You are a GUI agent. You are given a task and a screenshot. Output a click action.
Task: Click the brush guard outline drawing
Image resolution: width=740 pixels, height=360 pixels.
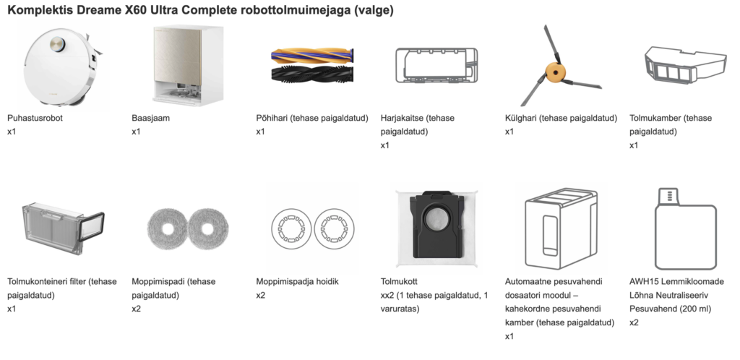[436, 65]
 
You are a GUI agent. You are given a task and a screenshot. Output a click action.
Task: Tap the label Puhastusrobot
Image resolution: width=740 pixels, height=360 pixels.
[35, 118]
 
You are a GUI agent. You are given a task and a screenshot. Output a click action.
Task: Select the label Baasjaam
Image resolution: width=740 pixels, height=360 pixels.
[150, 118]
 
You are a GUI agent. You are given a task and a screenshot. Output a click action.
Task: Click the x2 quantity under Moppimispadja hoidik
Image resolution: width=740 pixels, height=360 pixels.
[261, 295]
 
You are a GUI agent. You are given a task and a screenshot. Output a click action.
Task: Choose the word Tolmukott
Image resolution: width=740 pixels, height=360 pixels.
[400, 281]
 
